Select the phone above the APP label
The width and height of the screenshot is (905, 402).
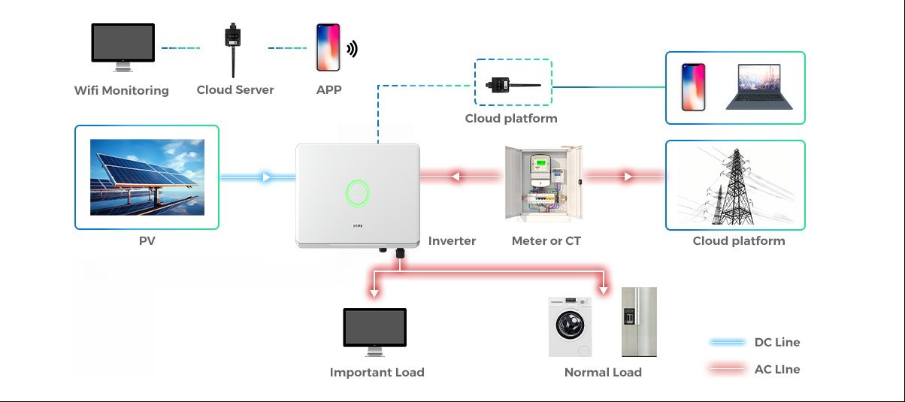click(328, 47)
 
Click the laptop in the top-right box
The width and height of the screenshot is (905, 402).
click(753, 86)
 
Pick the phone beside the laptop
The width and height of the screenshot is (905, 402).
click(692, 86)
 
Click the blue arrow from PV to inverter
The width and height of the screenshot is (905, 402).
click(266, 177)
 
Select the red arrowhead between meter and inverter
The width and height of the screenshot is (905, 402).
click(454, 177)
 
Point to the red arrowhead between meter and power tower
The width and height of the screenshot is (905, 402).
click(626, 177)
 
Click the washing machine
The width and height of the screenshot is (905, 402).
click(570, 326)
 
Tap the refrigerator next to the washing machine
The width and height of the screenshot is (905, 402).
click(639, 322)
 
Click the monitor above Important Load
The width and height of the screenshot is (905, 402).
click(374, 331)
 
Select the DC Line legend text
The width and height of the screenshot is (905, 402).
click(776, 343)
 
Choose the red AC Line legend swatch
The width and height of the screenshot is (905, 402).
click(727, 370)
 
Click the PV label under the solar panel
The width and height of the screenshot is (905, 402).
click(147, 241)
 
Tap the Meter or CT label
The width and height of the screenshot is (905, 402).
click(546, 241)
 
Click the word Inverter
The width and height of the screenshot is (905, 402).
click(452, 241)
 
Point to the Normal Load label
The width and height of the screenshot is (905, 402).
click(603, 373)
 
